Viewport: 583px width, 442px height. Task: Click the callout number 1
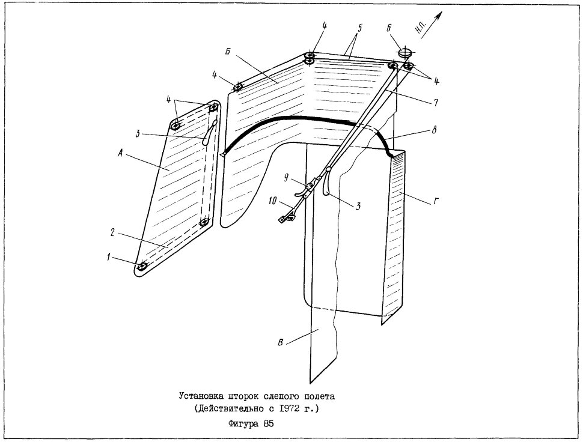(x=109, y=256)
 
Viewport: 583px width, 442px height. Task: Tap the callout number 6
(x=388, y=28)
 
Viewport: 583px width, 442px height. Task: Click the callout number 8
(x=433, y=130)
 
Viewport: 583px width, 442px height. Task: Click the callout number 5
(x=359, y=28)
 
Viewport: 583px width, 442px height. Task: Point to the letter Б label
(x=228, y=52)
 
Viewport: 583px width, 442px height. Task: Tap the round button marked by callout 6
(x=405, y=52)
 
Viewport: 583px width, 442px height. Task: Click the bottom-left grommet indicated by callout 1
(x=142, y=267)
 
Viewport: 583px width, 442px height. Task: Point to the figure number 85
(x=269, y=424)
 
